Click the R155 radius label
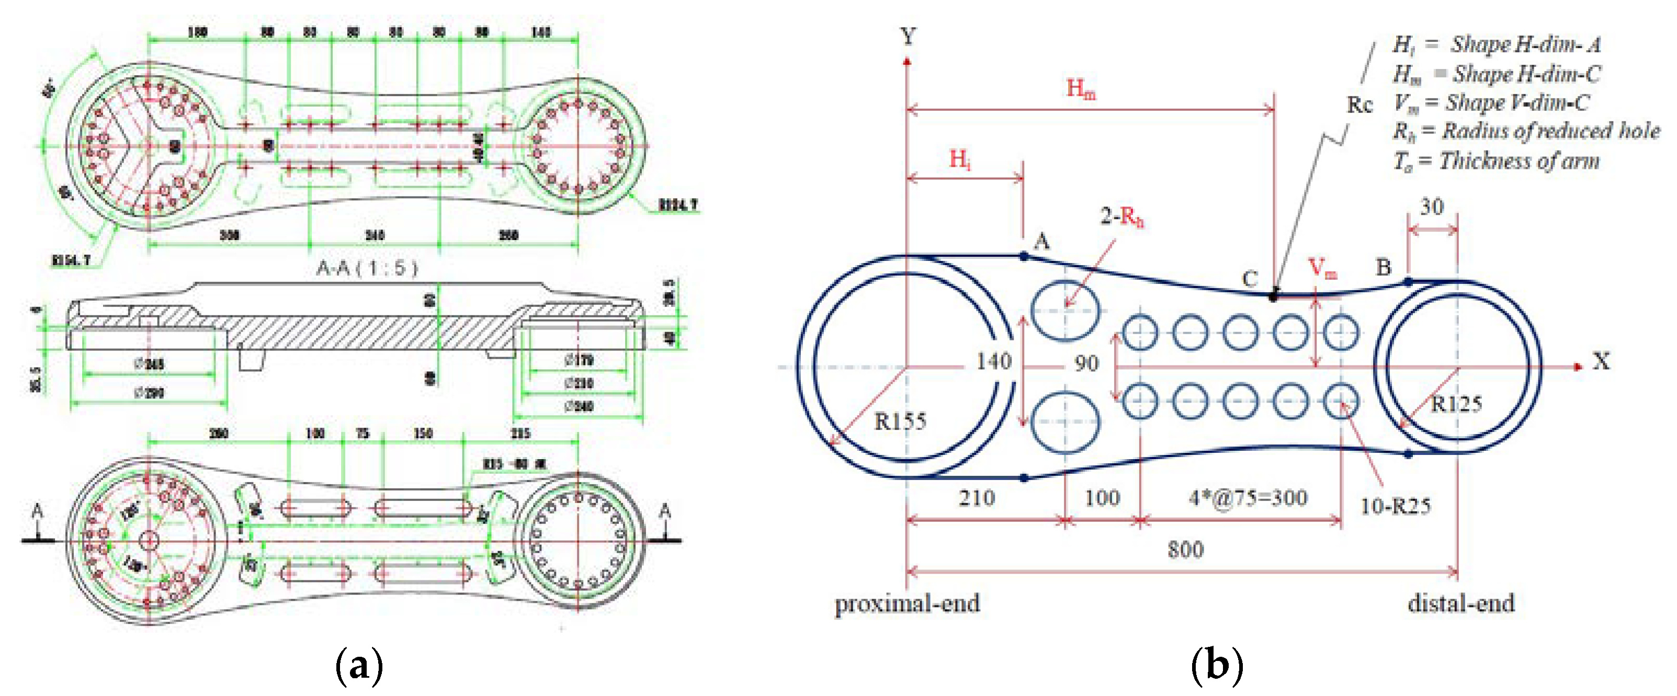[x=900, y=421]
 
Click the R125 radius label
[x=1456, y=404]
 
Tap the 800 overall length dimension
[x=1185, y=550]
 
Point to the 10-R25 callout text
[x=1395, y=506]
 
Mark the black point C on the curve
[x=1273, y=296]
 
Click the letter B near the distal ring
[x=1384, y=266]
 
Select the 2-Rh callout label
[x=1121, y=216]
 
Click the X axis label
[x=1601, y=361]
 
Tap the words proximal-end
[x=907, y=603]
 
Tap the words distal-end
[x=1461, y=603]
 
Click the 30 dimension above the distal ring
[x=1432, y=207]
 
